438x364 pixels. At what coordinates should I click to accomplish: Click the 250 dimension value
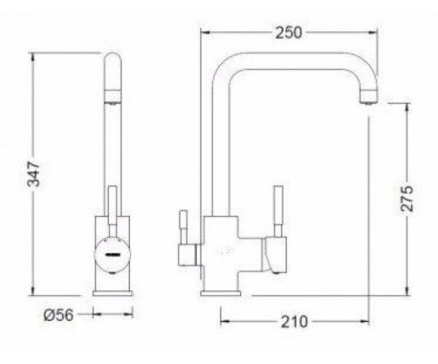pos(288,32)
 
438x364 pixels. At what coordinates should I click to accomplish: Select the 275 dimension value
pos(407,198)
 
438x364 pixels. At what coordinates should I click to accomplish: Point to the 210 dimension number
pos(295,321)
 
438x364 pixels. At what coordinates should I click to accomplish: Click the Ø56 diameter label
pos(59,315)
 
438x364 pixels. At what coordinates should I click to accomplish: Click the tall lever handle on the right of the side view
pos(278,211)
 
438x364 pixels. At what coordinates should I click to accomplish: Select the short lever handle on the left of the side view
pos(184,228)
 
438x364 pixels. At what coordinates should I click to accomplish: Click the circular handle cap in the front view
pos(113,255)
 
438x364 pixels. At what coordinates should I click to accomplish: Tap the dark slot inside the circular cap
pos(113,255)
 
